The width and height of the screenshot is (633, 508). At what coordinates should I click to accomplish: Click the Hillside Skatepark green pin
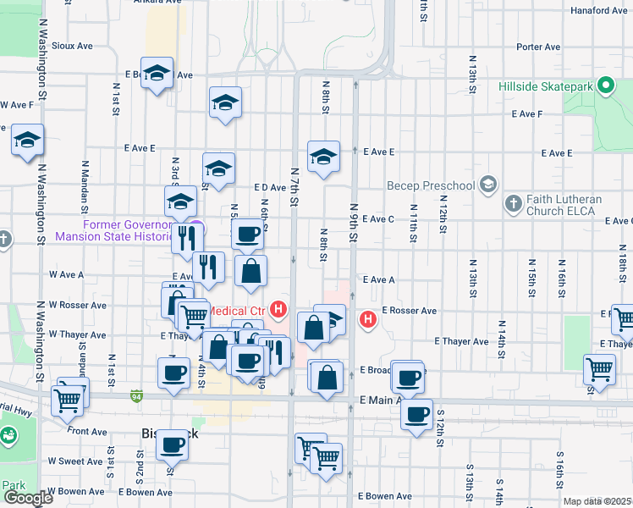(605, 86)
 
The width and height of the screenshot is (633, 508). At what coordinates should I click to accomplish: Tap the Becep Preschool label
(431, 185)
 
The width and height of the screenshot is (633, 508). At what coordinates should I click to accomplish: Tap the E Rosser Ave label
(409, 311)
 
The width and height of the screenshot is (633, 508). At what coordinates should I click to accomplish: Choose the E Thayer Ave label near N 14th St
(461, 341)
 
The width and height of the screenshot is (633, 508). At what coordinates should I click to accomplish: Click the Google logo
(28, 498)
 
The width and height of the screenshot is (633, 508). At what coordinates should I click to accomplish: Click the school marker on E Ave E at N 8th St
(323, 157)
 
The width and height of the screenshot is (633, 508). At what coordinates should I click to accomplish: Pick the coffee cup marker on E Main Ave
(416, 415)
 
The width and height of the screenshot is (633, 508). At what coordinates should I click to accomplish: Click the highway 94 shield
(136, 395)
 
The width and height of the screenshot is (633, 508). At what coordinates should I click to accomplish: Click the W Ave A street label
(66, 274)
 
